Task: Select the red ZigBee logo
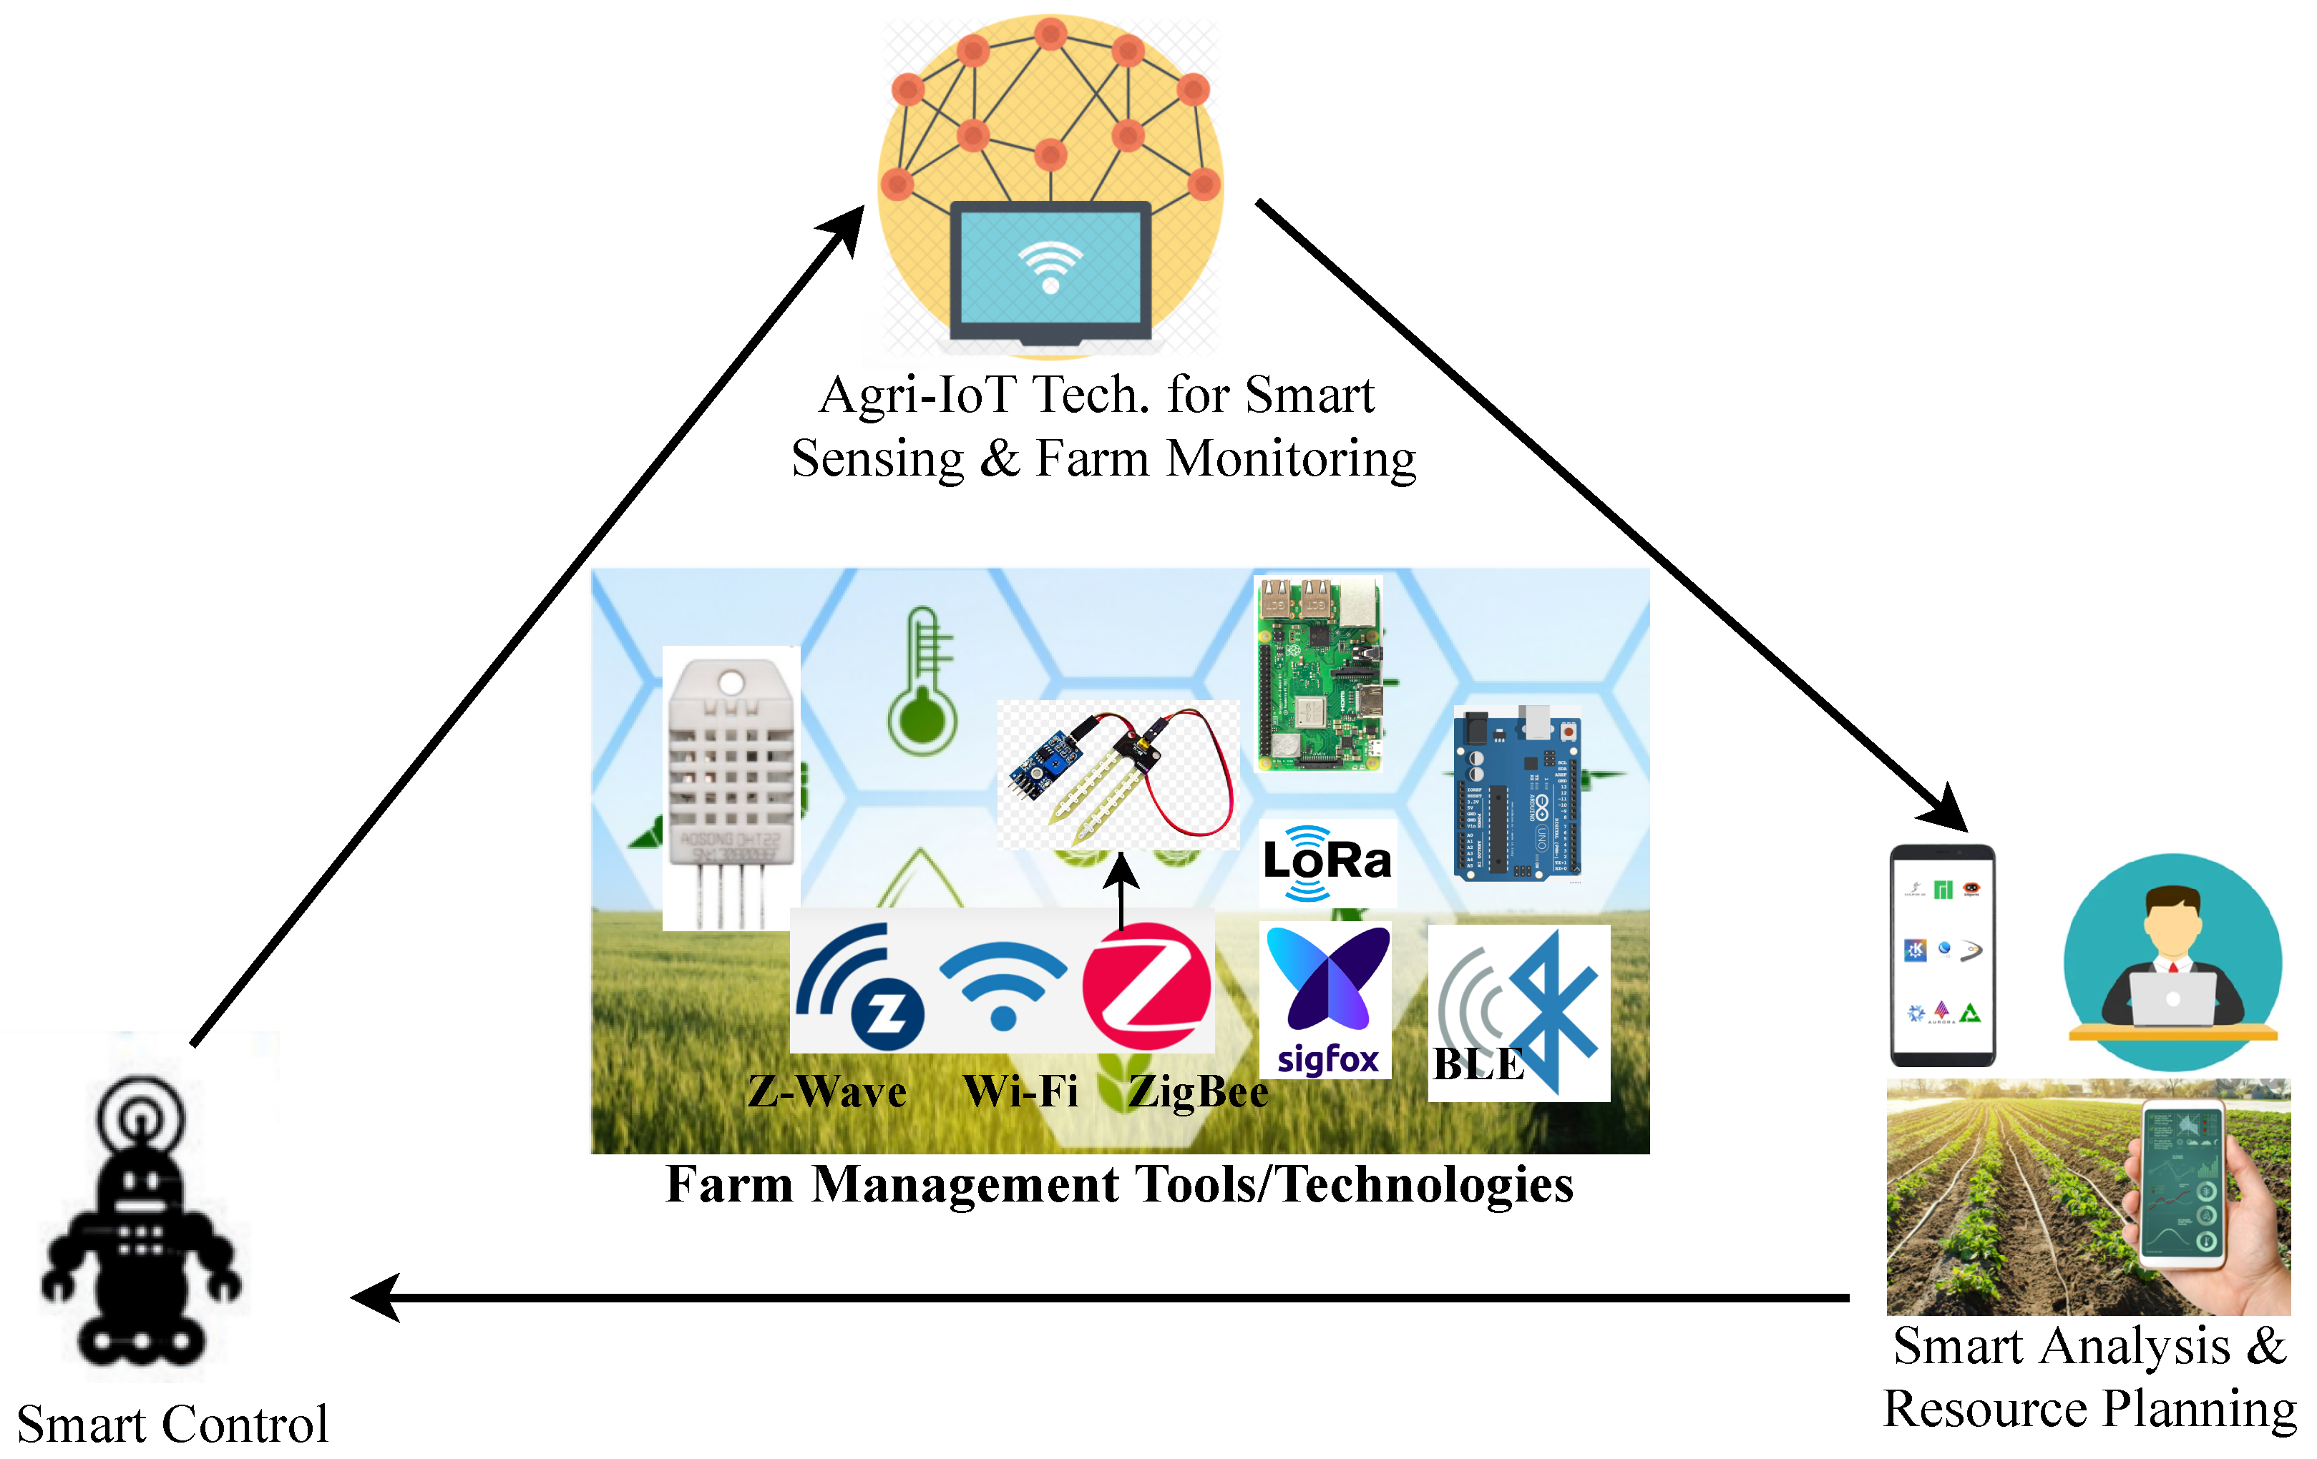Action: point(1146,986)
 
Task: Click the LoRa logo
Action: point(1326,861)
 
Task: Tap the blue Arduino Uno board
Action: point(1516,793)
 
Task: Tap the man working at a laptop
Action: point(2172,962)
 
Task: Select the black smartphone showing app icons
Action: point(1942,954)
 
